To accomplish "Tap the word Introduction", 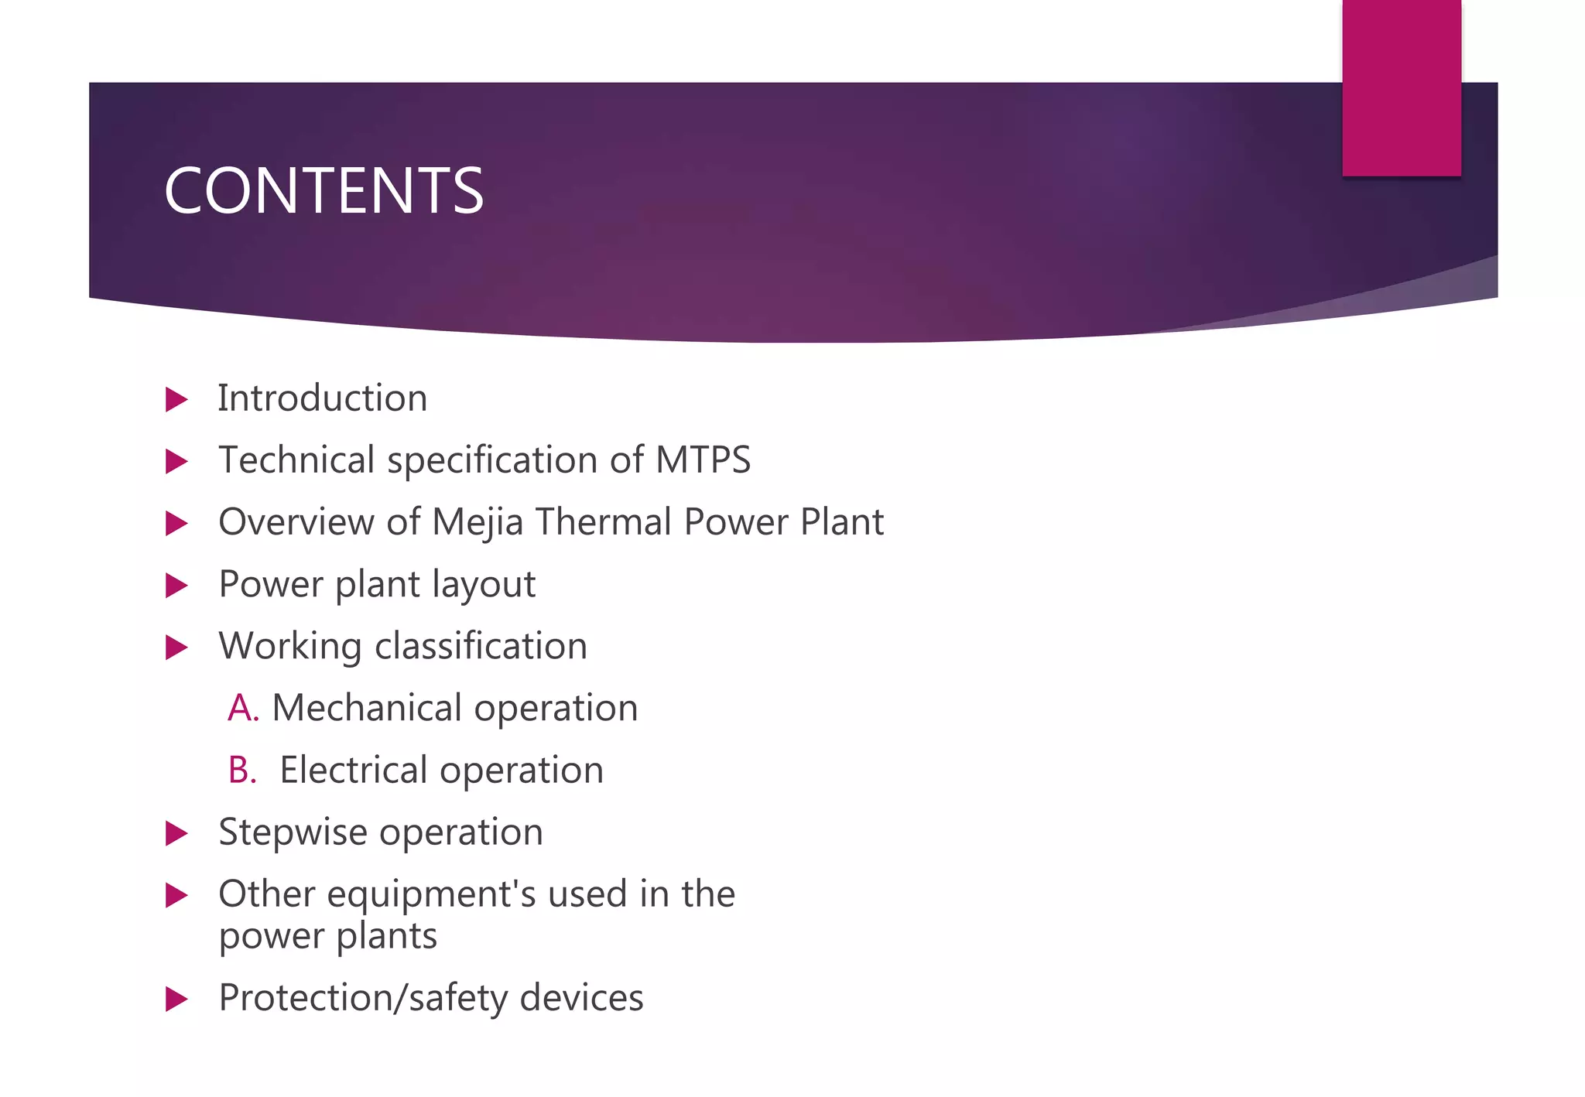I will (322, 398).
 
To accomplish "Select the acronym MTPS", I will (703, 460).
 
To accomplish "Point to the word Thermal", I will (604, 522).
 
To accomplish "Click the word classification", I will (481, 646).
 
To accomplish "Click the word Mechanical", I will (367, 708).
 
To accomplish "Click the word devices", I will (581, 998).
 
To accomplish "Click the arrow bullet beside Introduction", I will (176, 400).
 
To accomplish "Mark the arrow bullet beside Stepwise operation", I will (176, 834).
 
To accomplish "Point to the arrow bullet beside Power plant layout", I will (176, 586).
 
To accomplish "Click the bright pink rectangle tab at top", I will (1401, 87).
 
